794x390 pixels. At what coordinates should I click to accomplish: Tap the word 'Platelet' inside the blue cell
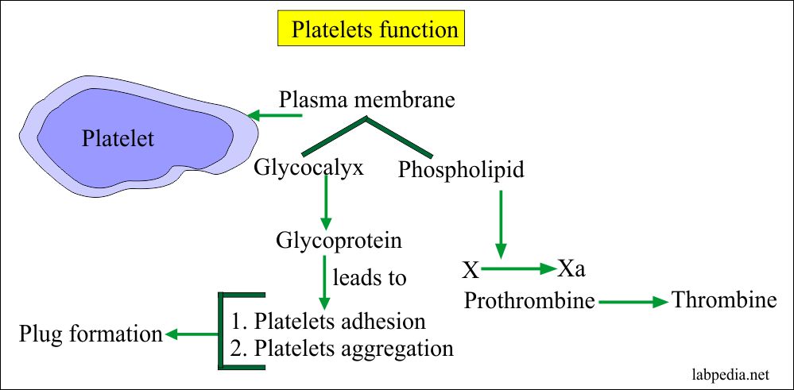click(x=118, y=138)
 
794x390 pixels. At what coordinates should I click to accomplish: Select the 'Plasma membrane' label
click(x=367, y=99)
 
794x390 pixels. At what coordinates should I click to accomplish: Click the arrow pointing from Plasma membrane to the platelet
click(x=275, y=115)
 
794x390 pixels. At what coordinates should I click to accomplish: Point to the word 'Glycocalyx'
click(x=309, y=168)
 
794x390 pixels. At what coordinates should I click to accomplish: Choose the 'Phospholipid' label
click(x=461, y=170)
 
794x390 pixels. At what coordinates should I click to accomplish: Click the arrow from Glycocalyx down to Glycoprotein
click(x=326, y=203)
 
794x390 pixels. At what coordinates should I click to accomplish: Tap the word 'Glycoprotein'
click(x=339, y=241)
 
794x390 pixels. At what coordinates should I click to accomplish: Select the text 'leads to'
click(x=369, y=278)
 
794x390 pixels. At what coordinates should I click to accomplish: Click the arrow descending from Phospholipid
click(x=501, y=224)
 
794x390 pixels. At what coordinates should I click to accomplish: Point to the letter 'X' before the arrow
click(x=471, y=271)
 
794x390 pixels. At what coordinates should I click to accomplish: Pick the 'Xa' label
click(x=571, y=268)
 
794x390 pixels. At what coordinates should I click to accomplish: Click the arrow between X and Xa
click(x=518, y=268)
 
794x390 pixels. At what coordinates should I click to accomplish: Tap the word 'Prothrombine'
click(x=529, y=301)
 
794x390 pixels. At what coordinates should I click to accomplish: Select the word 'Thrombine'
click(x=723, y=300)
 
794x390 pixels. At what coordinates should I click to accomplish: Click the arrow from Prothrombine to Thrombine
click(x=633, y=303)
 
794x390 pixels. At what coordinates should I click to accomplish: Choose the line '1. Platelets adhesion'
click(x=328, y=321)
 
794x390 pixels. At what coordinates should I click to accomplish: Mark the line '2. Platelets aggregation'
click(x=342, y=349)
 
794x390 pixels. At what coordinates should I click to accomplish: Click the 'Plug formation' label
click(x=91, y=334)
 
